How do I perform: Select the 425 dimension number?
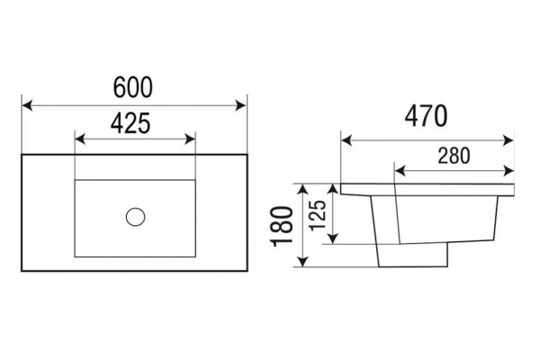pyautogui.click(x=130, y=123)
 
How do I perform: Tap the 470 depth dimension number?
pyautogui.click(x=426, y=116)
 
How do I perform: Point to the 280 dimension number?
pyautogui.click(x=454, y=156)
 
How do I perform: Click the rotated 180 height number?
pyautogui.click(x=282, y=226)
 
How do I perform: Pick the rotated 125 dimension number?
pyautogui.click(x=317, y=215)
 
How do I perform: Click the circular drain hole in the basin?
pyautogui.click(x=135, y=217)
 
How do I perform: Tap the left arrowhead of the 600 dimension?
pyautogui.click(x=27, y=105)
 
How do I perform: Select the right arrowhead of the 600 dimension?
pyautogui.click(x=240, y=105)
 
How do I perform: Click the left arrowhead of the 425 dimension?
pyautogui.click(x=80, y=139)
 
